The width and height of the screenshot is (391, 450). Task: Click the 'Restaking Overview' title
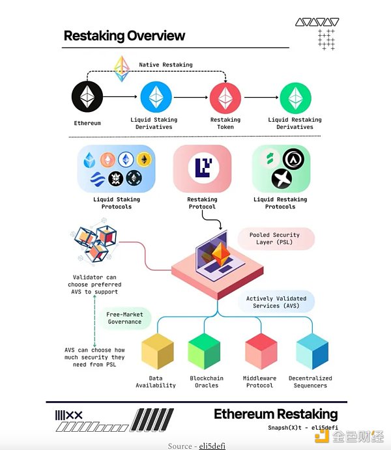click(x=124, y=36)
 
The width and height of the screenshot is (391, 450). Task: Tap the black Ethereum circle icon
click(x=87, y=98)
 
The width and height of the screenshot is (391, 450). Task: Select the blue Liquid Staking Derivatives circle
click(x=156, y=98)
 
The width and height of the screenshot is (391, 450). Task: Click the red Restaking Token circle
click(x=225, y=98)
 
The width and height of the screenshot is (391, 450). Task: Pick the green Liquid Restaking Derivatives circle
click(x=295, y=98)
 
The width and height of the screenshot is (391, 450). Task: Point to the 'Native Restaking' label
click(x=166, y=65)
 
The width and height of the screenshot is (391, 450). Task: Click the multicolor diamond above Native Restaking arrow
click(x=121, y=68)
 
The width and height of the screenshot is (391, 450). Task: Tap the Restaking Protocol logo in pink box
click(x=201, y=167)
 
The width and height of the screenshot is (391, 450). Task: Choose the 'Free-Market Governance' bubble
click(x=124, y=318)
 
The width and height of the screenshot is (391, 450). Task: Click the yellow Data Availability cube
click(x=157, y=352)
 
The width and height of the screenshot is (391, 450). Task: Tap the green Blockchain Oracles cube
click(x=206, y=352)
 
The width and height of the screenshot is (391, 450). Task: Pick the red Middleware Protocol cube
click(x=260, y=352)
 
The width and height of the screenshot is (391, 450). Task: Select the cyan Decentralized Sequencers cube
click(x=311, y=352)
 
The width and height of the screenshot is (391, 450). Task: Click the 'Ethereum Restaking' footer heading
click(x=276, y=414)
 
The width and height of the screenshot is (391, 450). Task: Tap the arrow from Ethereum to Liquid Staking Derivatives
click(x=122, y=98)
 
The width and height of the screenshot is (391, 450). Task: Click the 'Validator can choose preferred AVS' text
click(x=94, y=285)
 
